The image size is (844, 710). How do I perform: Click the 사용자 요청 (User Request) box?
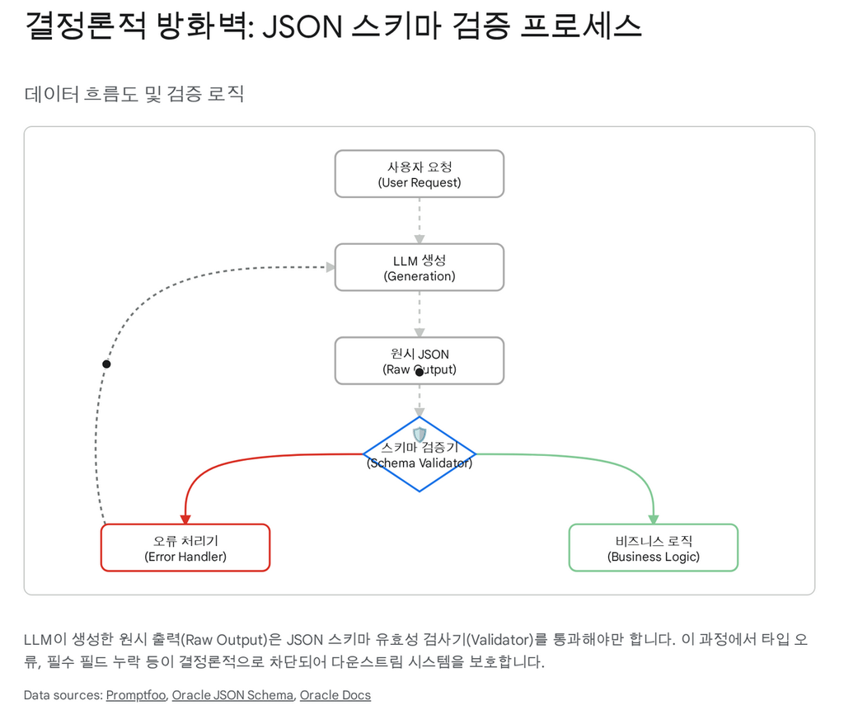coord(419,174)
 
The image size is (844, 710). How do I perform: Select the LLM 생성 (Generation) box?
coord(419,267)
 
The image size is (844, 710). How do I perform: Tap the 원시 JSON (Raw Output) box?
coord(419,360)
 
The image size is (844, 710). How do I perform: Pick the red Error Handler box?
coord(185,548)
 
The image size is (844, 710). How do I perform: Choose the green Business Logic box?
coord(653,548)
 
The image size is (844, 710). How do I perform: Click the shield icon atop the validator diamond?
coord(420,434)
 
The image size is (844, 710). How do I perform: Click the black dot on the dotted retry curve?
coord(106,364)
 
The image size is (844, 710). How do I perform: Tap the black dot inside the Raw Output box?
coord(419,373)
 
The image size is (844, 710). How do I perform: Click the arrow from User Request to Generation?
coord(419,221)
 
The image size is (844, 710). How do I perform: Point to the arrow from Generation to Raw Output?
coord(419,314)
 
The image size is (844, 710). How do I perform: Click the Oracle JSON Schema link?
coord(232,695)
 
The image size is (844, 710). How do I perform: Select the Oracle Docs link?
coord(335,695)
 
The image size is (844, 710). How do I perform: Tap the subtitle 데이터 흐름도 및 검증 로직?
coord(134,94)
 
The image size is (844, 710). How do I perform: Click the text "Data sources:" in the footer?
coord(62,695)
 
